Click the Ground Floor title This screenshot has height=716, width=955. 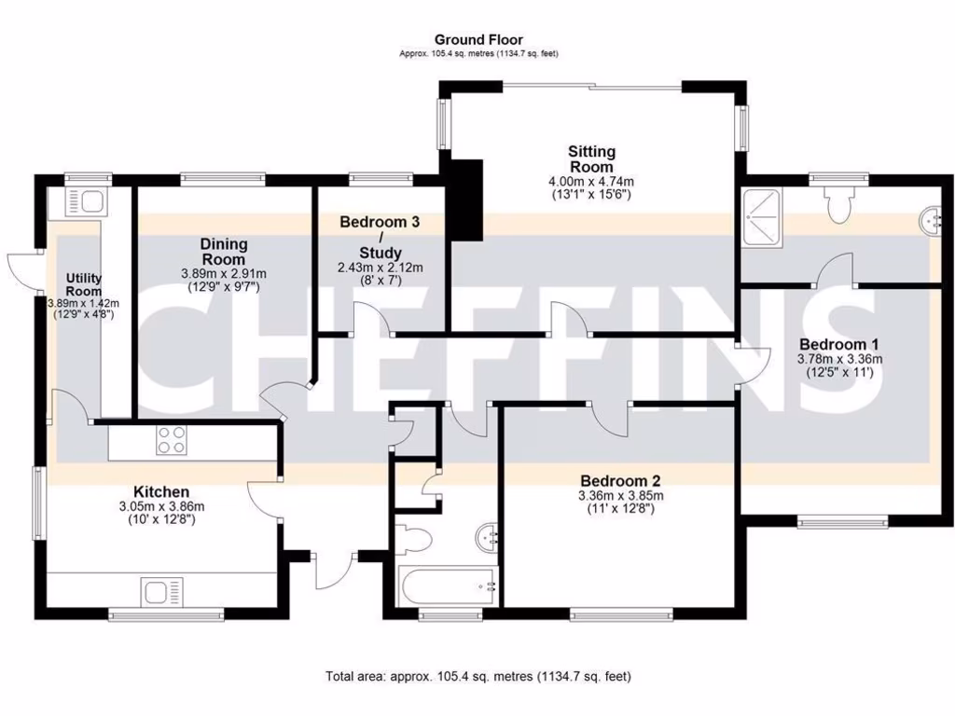coord(477,39)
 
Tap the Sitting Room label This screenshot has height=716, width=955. coord(592,158)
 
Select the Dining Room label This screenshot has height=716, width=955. coord(224,251)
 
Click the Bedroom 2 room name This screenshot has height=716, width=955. coord(620,481)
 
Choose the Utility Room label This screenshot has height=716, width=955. coord(83,284)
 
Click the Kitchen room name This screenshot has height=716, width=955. coord(161,491)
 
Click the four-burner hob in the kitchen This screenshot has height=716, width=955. coord(171,439)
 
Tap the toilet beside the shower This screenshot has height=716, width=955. coord(839,202)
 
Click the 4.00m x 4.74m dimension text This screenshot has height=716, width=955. coord(591,181)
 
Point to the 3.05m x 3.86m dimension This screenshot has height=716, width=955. coord(161,506)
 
